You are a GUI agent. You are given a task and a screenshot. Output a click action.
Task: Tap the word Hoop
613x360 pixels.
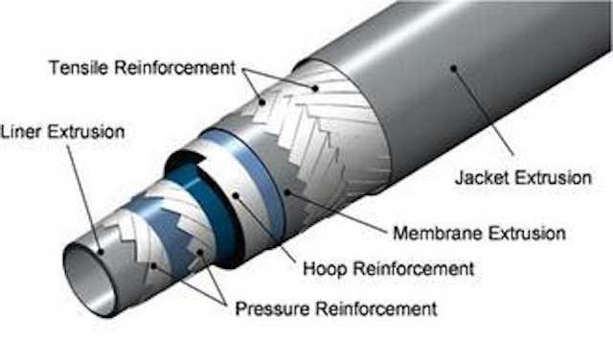point(319,270)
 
